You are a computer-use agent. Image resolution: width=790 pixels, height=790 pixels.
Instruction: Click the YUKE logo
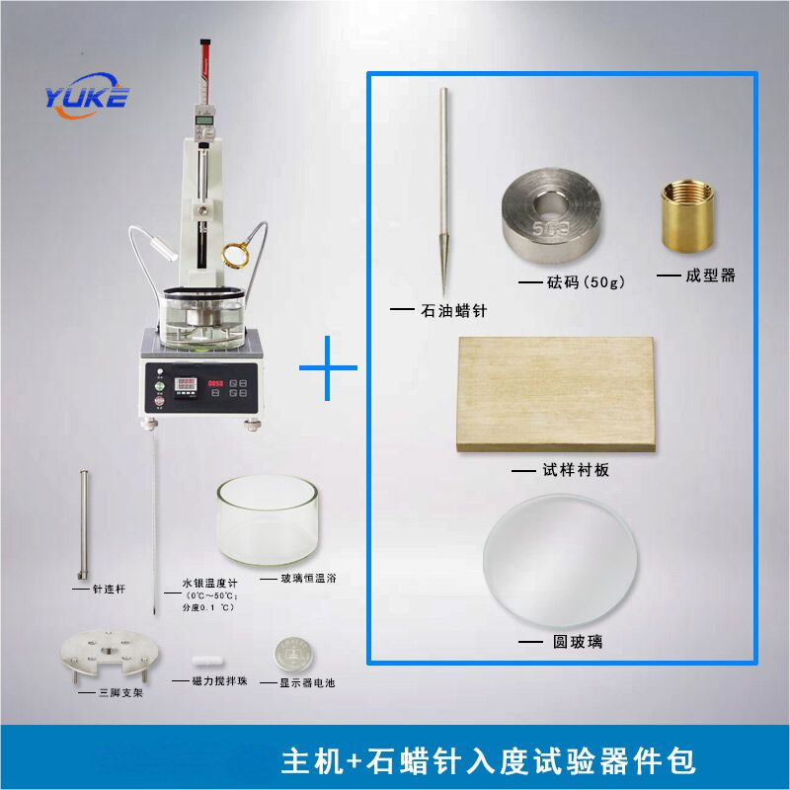(x=87, y=96)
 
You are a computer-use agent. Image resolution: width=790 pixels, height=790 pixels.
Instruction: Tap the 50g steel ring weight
(x=552, y=216)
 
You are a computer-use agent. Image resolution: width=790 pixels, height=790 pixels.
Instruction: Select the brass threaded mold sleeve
(x=687, y=215)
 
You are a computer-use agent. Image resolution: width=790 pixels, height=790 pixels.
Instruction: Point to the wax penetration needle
(x=443, y=192)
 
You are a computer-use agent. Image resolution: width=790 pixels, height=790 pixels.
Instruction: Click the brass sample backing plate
(x=556, y=394)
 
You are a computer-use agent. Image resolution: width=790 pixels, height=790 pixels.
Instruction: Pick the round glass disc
(x=560, y=561)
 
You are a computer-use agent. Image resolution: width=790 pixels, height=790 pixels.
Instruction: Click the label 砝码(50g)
(x=586, y=281)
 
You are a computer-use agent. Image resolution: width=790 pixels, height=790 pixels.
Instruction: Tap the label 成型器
(x=710, y=276)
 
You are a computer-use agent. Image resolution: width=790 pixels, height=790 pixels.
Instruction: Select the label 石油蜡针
(x=454, y=310)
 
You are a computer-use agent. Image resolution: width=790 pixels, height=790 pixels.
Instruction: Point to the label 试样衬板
(x=576, y=470)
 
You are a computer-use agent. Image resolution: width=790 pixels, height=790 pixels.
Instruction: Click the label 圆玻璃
(x=578, y=641)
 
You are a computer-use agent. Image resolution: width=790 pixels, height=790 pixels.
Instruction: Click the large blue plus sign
(x=328, y=367)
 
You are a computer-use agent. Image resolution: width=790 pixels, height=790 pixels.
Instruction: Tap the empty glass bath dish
(x=267, y=520)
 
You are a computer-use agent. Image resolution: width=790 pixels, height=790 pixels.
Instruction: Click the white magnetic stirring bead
(x=207, y=662)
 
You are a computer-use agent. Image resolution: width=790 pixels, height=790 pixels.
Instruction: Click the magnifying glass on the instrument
(x=236, y=255)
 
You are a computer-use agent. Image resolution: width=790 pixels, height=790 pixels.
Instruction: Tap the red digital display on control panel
(x=215, y=383)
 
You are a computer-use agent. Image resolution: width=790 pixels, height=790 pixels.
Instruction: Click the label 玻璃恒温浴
(x=308, y=579)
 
